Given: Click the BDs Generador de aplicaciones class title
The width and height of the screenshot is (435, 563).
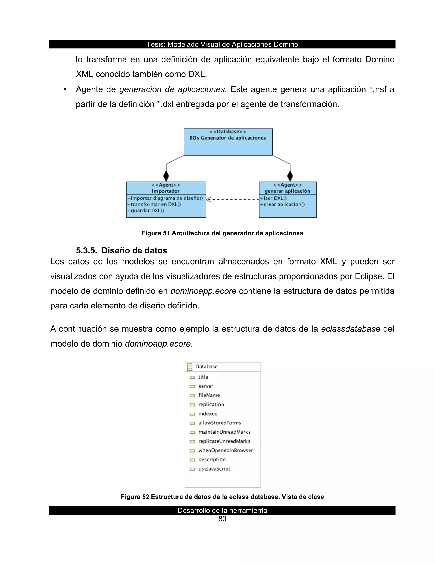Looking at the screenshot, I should pyautogui.click(x=227, y=138).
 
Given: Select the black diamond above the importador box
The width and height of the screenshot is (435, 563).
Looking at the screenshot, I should pyautogui.click(x=166, y=176).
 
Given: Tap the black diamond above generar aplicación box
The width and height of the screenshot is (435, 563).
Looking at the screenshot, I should pyautogui.click(x=290, y=176).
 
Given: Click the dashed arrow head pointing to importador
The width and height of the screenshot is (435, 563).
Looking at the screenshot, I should pyautogui.click(x=209, y=199).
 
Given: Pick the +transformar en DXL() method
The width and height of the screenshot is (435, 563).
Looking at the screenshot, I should pyautogui.click(x=154, y=204).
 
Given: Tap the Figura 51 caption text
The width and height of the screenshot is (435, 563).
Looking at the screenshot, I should pyautogui.click(x=222, y=233).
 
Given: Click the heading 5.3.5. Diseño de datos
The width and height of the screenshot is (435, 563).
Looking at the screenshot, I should pyautogui.click(x=121, y=250).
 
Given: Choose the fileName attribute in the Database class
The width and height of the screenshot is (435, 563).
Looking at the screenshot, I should pyautogui.click(x=209, y=395).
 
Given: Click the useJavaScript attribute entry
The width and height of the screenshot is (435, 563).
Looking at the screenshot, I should pyautogui.click(x=214, y=469).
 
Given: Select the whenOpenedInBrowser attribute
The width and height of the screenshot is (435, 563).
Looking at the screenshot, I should pyautogui.click(x=226, y=450).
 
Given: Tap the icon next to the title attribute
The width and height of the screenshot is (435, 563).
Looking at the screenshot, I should pyautogui.click(x=192, y=377).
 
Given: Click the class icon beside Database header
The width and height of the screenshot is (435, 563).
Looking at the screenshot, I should pyautogui.click(x=190, y=366).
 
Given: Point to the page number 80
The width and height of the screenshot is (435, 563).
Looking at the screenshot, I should pyautogui.click(x=222, y=519).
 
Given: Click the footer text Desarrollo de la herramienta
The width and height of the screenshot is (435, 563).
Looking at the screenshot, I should pyautogui.click(x=222, y=510).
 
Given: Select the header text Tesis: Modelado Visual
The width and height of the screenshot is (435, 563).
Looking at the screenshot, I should pyautogui.click(x=222, y=44).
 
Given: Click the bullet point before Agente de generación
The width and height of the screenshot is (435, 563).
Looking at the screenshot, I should pyautogui.click(x=65, y=89).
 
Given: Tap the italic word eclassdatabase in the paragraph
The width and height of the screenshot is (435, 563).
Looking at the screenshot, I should pyautogui.click(x=350, y=329).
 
